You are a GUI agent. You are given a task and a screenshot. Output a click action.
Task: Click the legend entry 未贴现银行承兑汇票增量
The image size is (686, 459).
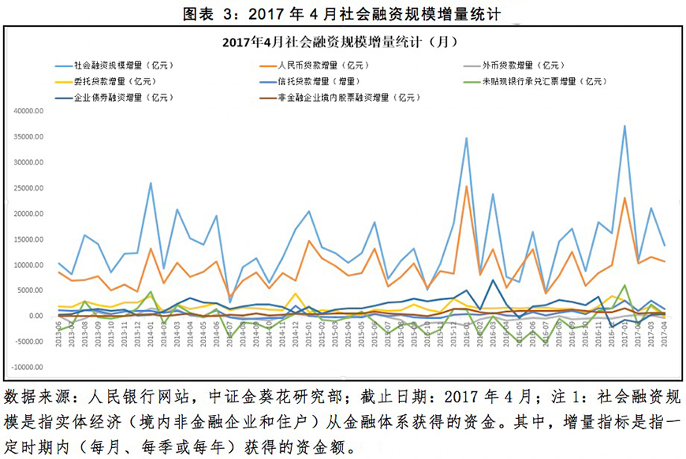click(544, 81)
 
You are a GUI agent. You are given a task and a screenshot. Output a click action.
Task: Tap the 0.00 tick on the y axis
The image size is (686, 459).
click(36, 316)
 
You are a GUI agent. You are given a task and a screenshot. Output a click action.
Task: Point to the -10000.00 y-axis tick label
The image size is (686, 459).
click(28, 368)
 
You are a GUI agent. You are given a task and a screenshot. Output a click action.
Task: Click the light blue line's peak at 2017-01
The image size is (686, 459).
click(624, 126)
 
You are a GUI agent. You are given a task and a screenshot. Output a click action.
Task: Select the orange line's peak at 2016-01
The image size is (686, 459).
click(466, 187)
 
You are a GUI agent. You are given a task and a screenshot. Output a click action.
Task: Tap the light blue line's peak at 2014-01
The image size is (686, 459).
click(151, 183)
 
